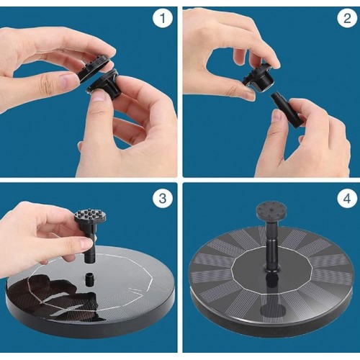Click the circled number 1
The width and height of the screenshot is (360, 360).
[163, 19]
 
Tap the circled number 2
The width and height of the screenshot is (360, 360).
[347, 19]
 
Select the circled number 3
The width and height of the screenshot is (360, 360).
[163, 199]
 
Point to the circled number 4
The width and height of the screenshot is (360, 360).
[347, 199]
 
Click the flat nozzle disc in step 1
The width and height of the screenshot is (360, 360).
[95, 68]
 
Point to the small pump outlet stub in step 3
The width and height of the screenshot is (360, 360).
[90, 279]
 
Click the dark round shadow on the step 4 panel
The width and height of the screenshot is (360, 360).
[271, 311]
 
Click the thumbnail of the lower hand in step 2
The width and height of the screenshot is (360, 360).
[277, 117]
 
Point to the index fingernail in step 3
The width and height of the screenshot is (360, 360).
[86, 243]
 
